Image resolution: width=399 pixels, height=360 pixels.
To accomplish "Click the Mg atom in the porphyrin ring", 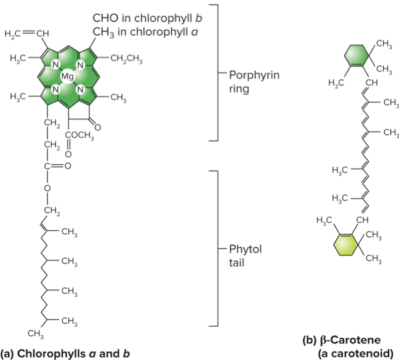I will [x=67, y=76].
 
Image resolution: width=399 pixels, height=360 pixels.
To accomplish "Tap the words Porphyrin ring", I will [x=254, y=81].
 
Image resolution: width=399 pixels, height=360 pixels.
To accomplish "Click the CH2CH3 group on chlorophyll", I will [x=126, y=59].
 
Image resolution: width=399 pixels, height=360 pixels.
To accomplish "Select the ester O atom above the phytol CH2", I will [x=46, y=187].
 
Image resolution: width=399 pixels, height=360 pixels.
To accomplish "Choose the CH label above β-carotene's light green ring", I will [x=362, y=220].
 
